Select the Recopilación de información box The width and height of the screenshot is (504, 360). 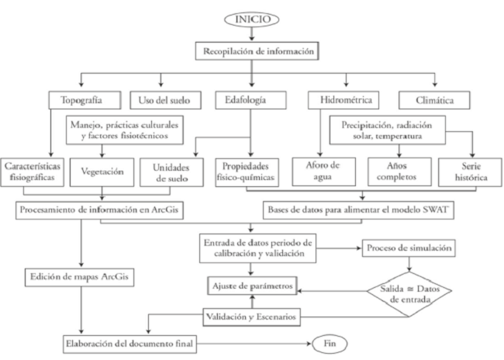(258, 52)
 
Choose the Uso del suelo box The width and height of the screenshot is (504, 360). (161, 100)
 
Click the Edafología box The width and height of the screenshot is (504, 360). (249, 100)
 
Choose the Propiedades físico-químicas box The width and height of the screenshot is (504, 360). (250, 171)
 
